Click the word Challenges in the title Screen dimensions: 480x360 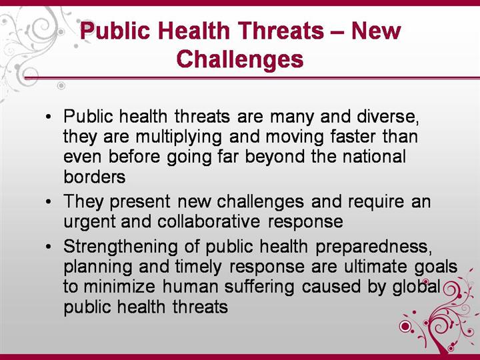pyautogui.click(x=240, y=59)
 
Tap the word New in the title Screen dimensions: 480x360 pyautogui.click(x=376, y=31)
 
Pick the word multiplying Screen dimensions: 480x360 pyautogui.click(x=179, y=137)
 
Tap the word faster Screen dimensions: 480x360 pyautogui.click(x=353, y=137)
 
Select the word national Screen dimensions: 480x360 pyautogui.click(x=374, y=157)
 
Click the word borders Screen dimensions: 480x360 pyautogui.click(x=95, y=177)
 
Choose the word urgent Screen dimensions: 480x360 pyautogui.click(x=90, y=222)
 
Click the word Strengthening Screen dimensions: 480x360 pyautogui.click(x=121, y=247)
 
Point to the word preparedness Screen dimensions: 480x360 pyautogui.click(x=374, y=247)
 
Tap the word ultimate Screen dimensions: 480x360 pyautogui.click(x=375, y=266)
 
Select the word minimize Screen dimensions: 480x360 pyautogui.click(x=119, y=287)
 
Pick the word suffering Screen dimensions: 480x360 pyautogui.click(x=259, y=287)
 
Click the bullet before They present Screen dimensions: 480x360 pyautogui.click(x=48, y=202)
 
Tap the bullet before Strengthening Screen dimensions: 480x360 pyautogui.click(x=48, y=247)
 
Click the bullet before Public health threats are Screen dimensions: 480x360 pyautogui.click(x=48, y=117)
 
